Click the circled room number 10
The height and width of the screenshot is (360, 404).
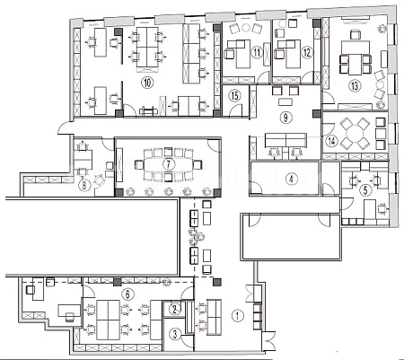pyautogui.click(x=147, y=83)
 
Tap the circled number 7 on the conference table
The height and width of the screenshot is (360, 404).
pyautogui.click(x=169, y=164)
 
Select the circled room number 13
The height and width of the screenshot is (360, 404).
pyautogui.click(x=355, y=86)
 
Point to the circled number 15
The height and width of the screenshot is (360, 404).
pyautogui.click(x=235, y=96)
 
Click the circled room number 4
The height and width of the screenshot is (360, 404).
pyautogui.click(x=291, y=179)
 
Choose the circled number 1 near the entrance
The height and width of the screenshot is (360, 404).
pyautogui.click(x=238, y=315)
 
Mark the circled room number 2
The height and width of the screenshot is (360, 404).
pyautogui.click(x=175, y=309)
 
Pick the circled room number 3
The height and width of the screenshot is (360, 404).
pyautogui.click(x=175, y=334)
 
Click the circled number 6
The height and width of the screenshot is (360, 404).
pyautogui.click(x=127, y=294)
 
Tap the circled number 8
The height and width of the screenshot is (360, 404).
pyautogui.click(x=84, y=186)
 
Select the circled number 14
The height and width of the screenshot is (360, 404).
pyautogui.click(x=331, y=141)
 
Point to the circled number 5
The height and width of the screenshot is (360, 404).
pyautogui.click(x=365, y=189)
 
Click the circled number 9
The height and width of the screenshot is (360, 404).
pyautogui.click(x=285, y=118)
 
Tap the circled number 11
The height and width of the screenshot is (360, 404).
pyautogui.click(x=257, y=53)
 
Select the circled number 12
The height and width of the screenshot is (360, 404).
pyautogui.click(x=307, y=53)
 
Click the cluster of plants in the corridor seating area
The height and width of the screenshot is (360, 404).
pyautogui.click(x=196, y=236)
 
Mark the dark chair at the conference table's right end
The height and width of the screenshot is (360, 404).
pyautogui.click(x=198, y=164)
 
